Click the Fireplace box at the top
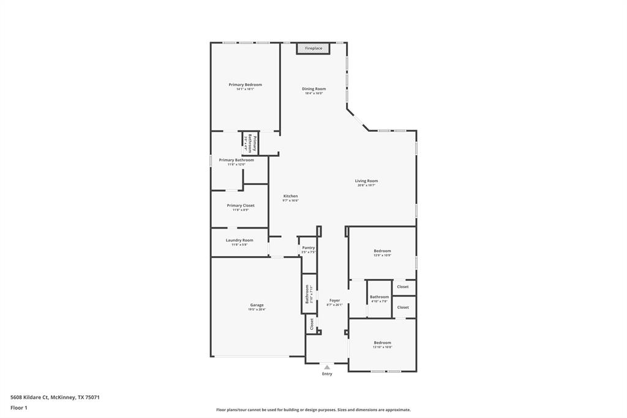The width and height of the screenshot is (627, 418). pos(313,48)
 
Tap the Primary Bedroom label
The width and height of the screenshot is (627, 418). pos(245,85)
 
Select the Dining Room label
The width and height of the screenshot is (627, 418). pos(313,89)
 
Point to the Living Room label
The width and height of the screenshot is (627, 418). pos(366,181)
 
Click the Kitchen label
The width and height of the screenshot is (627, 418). pos(290,196)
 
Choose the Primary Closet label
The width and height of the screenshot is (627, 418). pos(240,206)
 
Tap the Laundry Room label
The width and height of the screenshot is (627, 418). pos(239,240)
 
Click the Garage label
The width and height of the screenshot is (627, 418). pos(257,305)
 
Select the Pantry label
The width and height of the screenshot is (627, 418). pos(308,248)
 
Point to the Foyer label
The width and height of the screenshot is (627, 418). pos(334,300)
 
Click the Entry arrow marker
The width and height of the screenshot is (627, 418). pos(327,367)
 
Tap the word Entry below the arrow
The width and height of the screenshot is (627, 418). pos(327,374)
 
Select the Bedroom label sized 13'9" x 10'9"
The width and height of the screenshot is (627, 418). pos(382,251)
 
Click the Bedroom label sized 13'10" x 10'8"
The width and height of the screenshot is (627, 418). pos(382,343)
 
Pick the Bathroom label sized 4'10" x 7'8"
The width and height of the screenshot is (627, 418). pos(379,297)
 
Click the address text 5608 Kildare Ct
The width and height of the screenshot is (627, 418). pos(55,397)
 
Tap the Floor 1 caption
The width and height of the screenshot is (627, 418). pos(19,408)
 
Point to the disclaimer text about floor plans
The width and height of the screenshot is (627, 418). pos(313,410)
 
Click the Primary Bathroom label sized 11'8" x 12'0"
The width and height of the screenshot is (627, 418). pos(236,160)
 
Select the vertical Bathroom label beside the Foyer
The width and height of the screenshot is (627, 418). pos(307,294)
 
